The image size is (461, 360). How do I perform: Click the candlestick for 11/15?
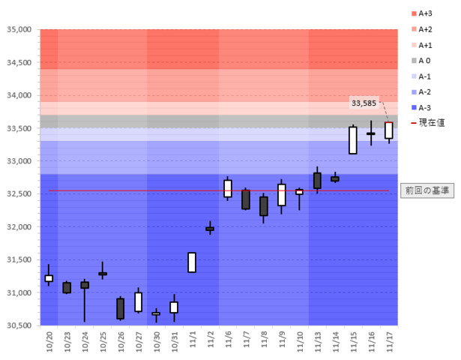point(353,140)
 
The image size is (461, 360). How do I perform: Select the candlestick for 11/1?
point(192,262)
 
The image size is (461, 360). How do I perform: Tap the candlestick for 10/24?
point(85,285)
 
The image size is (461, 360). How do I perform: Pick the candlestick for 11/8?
point(264,206)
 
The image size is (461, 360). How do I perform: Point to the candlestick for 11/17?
point(389,130)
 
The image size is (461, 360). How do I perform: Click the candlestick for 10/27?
point(139,301)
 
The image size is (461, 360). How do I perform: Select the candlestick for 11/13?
point(317,181)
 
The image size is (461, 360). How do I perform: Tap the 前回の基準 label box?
point(425,190)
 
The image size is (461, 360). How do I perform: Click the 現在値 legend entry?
point(427,122)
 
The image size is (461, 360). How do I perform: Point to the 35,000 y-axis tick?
point(18,30)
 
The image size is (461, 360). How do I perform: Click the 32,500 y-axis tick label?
point(18,194)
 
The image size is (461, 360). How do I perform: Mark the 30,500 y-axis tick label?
point(18,325)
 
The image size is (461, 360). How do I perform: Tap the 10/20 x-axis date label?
point(49,341)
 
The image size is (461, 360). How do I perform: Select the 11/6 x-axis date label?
point(228,341)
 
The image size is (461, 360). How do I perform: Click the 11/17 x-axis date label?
point(389,341)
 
